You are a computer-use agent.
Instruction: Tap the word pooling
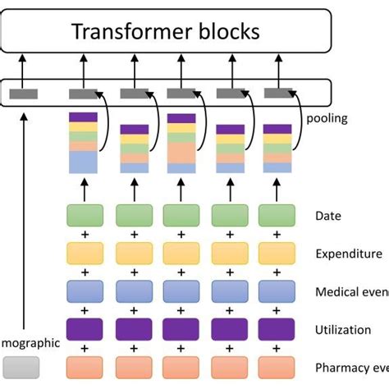pos(327,118)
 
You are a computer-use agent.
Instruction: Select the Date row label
pos(327,217)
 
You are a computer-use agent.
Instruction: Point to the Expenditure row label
pos(349,254)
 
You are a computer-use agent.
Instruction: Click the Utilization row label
pos(341,329)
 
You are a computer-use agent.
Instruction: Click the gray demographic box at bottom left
pos(21,366)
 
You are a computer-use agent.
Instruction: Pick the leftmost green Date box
pos(85,216)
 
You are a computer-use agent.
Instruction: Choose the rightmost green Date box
pos(277,216)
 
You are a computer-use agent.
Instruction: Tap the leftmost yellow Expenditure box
pos(85,254)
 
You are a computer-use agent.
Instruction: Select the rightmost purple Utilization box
pos(277,329)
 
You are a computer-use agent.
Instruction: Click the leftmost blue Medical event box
pos(85,291)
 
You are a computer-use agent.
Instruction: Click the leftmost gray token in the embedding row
pos(24,94)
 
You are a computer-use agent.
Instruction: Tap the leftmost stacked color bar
pos(83,143)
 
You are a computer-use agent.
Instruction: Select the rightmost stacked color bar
pos(276,148)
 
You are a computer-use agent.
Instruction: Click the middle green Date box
pos(181,216)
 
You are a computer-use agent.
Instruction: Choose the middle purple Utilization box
pos(181,329)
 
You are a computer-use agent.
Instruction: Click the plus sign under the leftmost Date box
pos(85,235)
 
